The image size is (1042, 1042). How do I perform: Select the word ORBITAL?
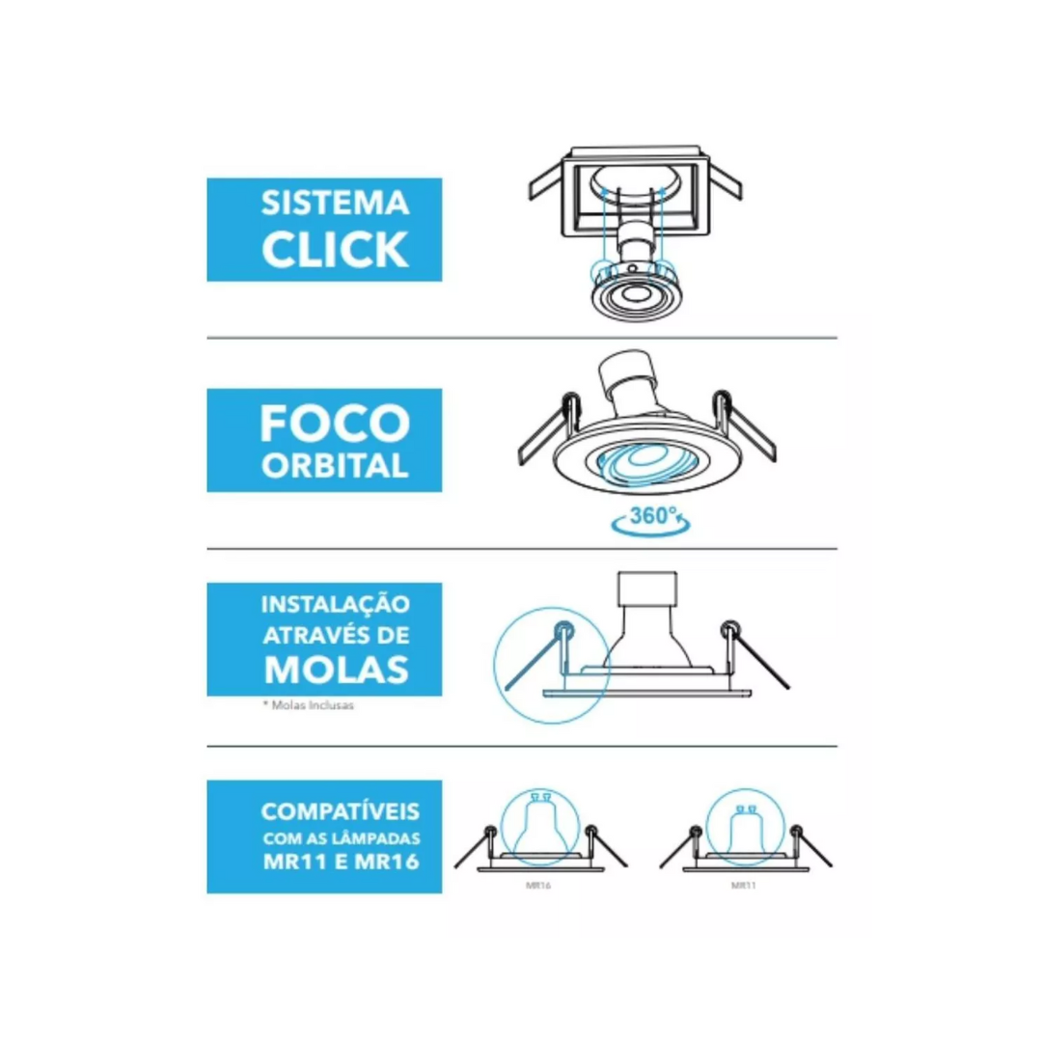[334, 466]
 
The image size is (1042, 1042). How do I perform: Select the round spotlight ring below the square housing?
[633, 295]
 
